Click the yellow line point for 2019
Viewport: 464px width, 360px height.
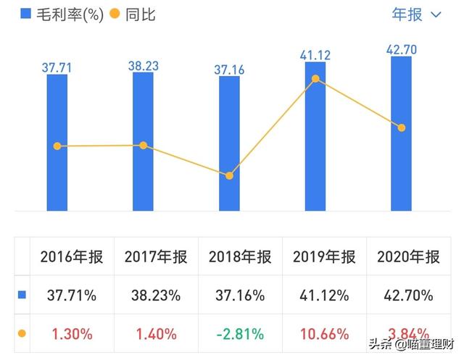point(315,78)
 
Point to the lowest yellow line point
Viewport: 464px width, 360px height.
point(229,176)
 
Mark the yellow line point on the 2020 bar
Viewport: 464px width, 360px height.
point(401,128)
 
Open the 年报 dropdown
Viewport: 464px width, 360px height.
point(416,14)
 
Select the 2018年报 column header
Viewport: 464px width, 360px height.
point(240,257)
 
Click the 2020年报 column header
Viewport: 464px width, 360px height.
point(408,257)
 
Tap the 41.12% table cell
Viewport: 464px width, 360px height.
point(324,296)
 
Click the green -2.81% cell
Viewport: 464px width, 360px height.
point(240,334)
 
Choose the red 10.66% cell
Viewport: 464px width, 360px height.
point(324,334)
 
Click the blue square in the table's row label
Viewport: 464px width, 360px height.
point(22,296)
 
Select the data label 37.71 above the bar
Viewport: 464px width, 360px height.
point(57,67)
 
